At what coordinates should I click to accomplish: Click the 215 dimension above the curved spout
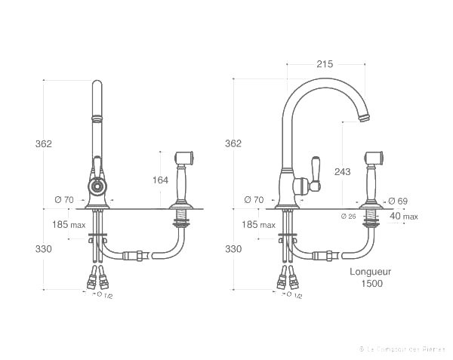[325, 65]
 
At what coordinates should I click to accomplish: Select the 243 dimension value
[342, 172]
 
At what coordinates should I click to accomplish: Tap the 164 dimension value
[161, 180]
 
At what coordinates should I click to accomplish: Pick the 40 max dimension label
[404, 217]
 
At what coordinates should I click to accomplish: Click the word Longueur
[371, 271]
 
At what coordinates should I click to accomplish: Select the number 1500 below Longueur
[371, 283]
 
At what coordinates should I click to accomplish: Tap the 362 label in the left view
[43, 143]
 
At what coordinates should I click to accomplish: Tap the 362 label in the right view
[233, 143]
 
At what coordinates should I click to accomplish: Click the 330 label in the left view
[43, 249]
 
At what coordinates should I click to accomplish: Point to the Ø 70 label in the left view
[64, 199]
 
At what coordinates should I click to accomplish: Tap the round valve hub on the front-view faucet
[96, 186]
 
